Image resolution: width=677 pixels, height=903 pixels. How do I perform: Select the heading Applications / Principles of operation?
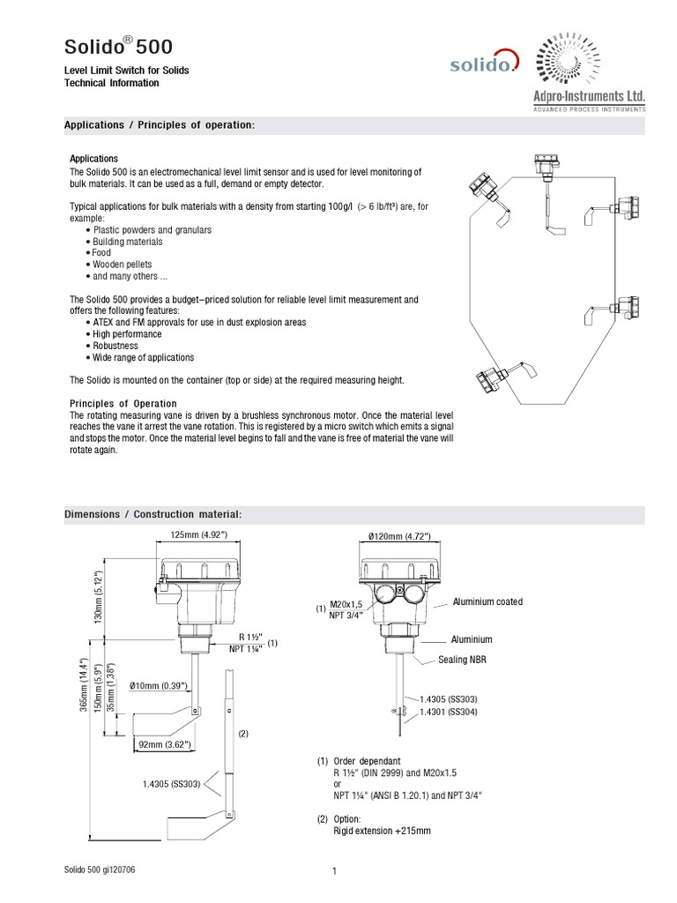159,125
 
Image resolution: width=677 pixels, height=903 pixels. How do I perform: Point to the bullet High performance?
126,334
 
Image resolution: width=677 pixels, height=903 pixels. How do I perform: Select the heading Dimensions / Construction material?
153,514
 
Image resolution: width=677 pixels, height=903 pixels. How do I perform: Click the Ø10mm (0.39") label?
158,686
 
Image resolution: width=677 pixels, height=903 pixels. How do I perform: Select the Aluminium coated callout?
487,601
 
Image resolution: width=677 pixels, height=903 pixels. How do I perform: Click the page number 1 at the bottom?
335,872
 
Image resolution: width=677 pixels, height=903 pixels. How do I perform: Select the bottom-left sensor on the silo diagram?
487,379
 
